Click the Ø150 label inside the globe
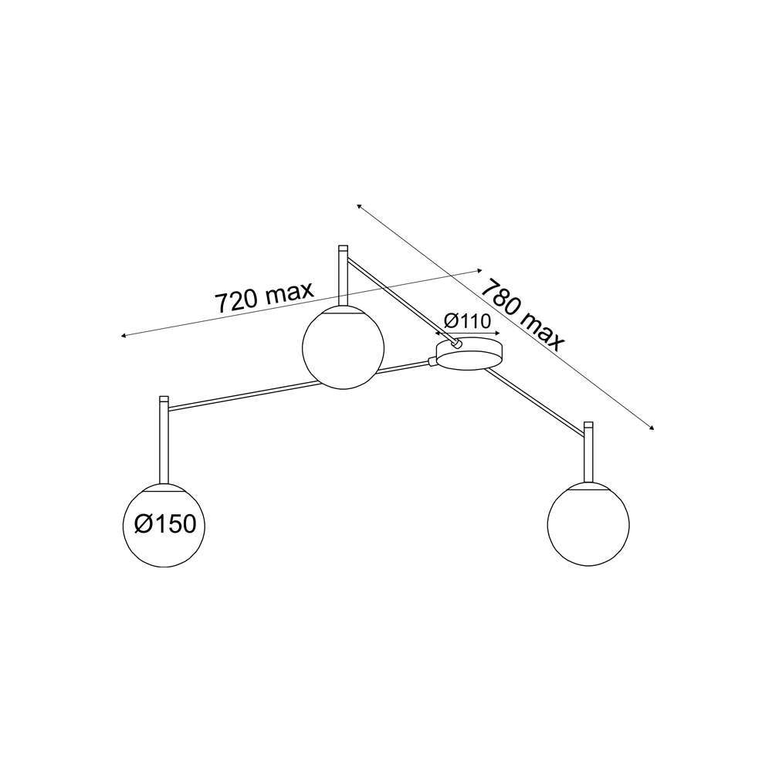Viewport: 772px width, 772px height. [164, 524]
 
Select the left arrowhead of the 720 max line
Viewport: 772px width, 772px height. [124, 336]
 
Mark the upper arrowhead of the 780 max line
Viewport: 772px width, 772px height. [360, 206]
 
